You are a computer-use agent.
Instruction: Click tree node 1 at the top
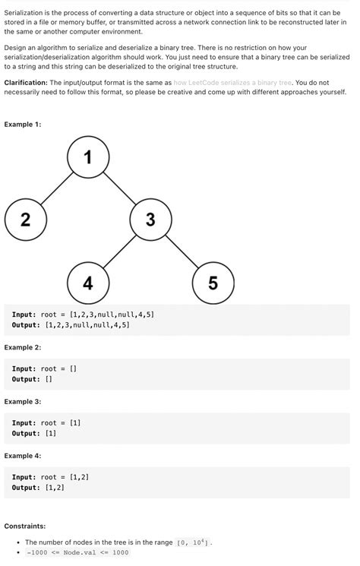pyautogui.click(x=88, y=157)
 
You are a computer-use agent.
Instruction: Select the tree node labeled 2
pyautogui.click(x=25, y=220)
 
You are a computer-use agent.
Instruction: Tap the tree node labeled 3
pyautogui.click(x=150, y=220)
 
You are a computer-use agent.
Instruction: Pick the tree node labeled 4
pyautogui.click(x=88, y=283)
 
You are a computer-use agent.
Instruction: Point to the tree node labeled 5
pyautogui.click(x=213, y=283)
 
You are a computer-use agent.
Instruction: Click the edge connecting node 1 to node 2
pyautogui.click(x=56, y=189)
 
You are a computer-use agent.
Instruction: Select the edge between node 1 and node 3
pyautogui.click(x=119, y=189)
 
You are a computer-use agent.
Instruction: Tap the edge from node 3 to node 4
pyautogui.click(x=119, y=252)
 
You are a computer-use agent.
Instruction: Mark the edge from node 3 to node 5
pyautogui.click(x=182, y=252)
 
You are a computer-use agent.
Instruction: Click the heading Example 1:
pyautogui.click(x=23, y=124)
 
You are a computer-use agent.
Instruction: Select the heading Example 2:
pyautogui.click(x=23, y=347)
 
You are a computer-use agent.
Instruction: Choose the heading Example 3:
pyautogui.click(x=23, y=401)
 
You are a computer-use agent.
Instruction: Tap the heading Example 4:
pyautogui.click(x=23, y=456)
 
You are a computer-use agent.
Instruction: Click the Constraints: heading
pyautogui.click(x=24, y=526)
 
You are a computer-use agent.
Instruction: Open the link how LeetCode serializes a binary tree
pyautogui.click(x=232, y=82)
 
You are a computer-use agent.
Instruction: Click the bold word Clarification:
pyautogui.click(x=26, y=82)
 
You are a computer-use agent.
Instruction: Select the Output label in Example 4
pyautogui.click(x=26, y=488)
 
